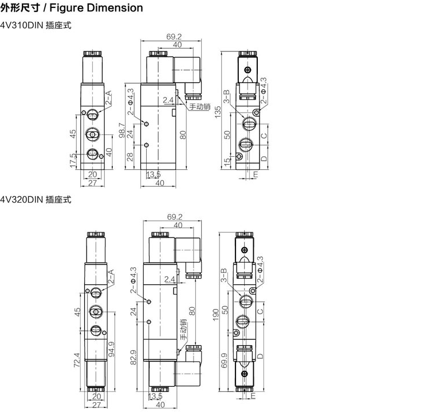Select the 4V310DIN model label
[22, 26]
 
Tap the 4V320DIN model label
[22, 200]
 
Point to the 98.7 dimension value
[121, 130]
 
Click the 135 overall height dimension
[218, 112]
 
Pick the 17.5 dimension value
[73, 160]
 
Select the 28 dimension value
[130, 157]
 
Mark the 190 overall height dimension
[216, 315]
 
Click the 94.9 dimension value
[111, 349]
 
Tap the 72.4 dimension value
[77, 360]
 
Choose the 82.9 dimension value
[133, 357]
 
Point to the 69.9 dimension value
[224, 360]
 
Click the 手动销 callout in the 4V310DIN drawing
[200, 106]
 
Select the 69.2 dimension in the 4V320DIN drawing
[175, 217]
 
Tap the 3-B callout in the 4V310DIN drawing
[227, 96]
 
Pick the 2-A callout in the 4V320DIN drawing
[111, 276]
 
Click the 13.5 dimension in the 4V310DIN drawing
[153, 175]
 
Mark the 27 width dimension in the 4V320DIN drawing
[96, 405]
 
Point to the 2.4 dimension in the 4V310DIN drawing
[168, 100]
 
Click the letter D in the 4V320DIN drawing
[260, 356]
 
